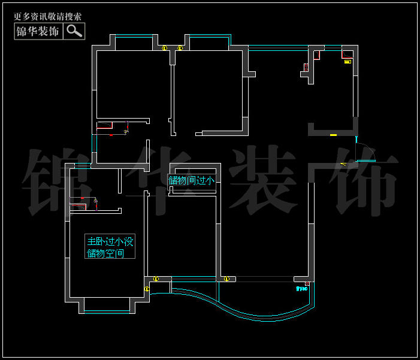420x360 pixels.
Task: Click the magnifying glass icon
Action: pyautogui.click(x=74, y=31)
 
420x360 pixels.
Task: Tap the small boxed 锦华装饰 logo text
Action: pyautogui.click(x=37, y=31)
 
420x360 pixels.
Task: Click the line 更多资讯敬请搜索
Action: pyautogui.click(x=47, y=17)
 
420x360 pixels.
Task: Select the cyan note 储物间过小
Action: pyautogui.click(x=192, y=180)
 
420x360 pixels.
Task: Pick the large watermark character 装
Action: pyautogui.click(x=264, y=179)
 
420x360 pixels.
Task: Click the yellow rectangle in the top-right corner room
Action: pyautogui.click(x=348, y=61)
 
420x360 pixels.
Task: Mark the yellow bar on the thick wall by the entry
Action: pyautogui.click(x=333, y=135)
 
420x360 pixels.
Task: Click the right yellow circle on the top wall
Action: pyautogui.click(x=180, y=48)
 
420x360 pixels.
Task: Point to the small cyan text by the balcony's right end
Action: pyautogui.click(x=301, y=289)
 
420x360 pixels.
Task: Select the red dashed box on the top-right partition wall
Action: pyautogui.click(x=317, y=56)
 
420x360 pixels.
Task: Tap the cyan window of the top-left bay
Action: pyautogui.click(x=133, y=38)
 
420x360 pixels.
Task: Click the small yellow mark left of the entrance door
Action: pyautogui.click(x=343, y=163)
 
